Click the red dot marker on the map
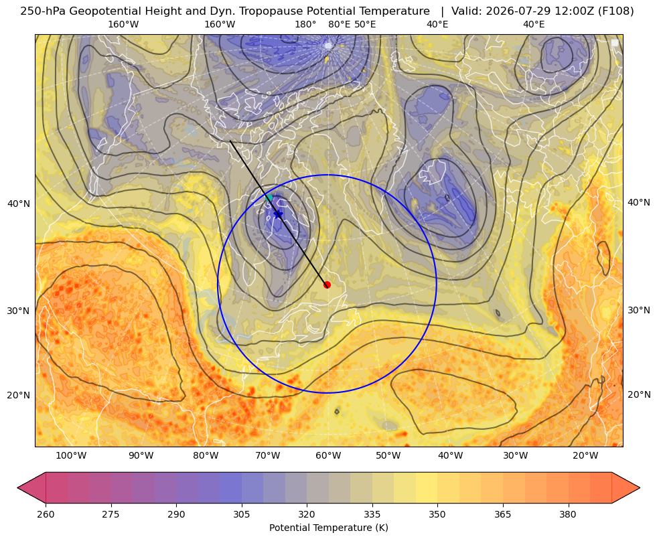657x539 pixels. click(327, 285)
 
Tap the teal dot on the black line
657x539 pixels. click(269, 198)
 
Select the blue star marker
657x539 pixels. click(278, 214)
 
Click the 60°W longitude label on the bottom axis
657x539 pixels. click(328, 456)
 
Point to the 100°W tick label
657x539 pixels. click(72, 456)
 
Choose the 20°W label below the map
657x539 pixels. click(586, 456)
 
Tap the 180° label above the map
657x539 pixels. click(305, 24)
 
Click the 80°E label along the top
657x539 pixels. click(339, 24)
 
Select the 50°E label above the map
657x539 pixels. click(365, 24)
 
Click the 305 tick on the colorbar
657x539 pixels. click(241, 514)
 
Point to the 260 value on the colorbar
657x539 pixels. click(46, 514)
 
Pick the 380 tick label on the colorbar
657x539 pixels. click(568, 514)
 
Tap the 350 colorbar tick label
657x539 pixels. click(437, 514)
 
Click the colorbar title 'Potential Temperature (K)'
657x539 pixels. click(328, 528)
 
